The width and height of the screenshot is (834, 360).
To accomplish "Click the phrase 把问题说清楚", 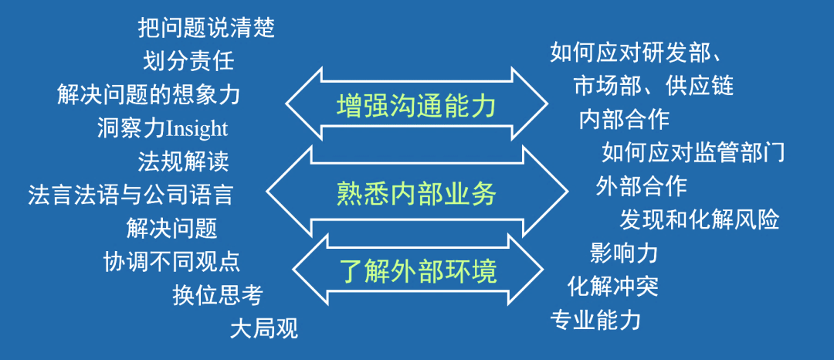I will pos(206,29).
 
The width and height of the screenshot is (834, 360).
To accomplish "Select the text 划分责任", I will pos(188,60).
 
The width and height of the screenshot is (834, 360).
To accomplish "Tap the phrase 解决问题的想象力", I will pos(148,94).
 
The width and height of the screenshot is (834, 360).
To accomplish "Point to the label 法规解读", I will pos(183,161).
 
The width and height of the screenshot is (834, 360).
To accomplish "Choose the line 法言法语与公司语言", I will pos(131,194).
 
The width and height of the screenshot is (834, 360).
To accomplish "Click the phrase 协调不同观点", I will pos(171,261).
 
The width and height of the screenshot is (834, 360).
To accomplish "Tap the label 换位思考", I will pos(218,294).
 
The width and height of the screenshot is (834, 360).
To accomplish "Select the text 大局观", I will pos(263,328).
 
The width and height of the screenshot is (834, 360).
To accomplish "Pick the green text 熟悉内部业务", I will pos(416,193).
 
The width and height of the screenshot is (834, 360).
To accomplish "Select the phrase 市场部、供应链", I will pos(653,85).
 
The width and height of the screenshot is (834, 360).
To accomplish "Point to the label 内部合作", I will pos(624,119).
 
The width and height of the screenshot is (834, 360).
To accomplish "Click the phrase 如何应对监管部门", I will pos(693,152).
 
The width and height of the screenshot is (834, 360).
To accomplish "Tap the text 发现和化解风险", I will pos(700,219).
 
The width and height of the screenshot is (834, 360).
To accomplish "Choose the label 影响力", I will pos(623,252).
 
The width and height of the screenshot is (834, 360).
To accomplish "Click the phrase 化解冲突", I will pos(612,286).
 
